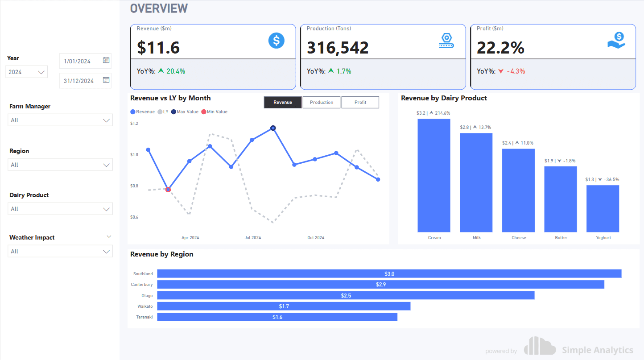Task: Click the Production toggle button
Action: (322, 103)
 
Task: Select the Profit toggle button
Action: (360, 103)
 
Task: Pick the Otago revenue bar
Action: (346, 295)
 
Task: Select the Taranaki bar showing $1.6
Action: (277, 317)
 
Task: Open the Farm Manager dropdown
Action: (60, 120)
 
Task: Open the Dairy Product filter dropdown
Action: (60, 209)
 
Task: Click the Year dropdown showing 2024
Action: (27, 72)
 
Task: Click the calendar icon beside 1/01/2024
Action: (106, 60)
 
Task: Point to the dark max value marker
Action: (273, 128)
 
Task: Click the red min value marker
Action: (168, 190)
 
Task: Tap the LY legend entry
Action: (163, 112)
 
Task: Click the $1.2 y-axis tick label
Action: (134, 124)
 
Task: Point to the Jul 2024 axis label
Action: (253, 238)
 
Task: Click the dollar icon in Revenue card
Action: (277, 41)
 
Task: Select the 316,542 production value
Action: (338, 48)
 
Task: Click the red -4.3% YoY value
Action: (516, 71)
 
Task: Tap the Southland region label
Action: (143, 274)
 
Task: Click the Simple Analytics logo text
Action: (597, 350)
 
